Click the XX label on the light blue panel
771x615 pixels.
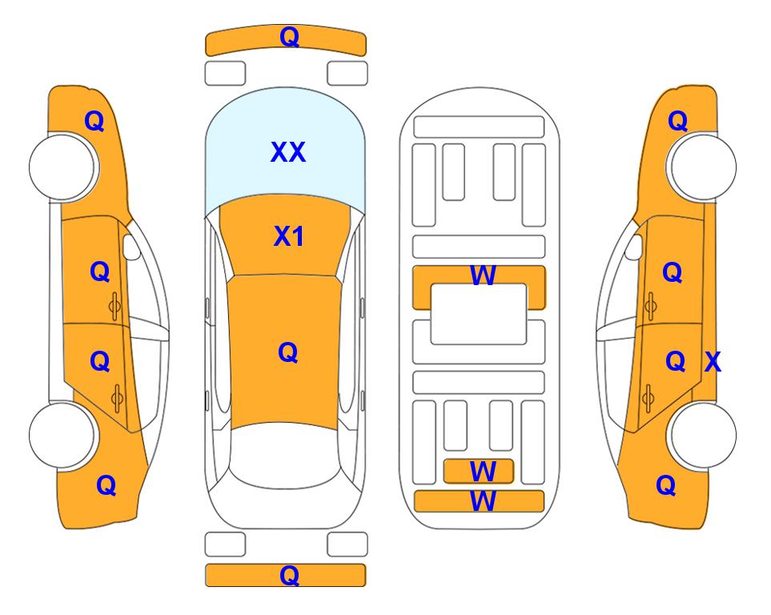click(x=288, y=152)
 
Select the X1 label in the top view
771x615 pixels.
click(x=289, y=236)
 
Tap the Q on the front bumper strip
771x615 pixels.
click(x=289, y=37)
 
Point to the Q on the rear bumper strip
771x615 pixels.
click(x=289, y=575)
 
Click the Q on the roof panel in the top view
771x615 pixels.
click(x=288, y=352)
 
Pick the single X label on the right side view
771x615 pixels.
click(x=713, y=362)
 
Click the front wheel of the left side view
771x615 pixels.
click(x=63, y=167)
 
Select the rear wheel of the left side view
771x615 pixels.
click(x=63, y=435)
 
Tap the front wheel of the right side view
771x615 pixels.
click(x=703, y=167)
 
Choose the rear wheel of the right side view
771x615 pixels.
click(x=703, y=435)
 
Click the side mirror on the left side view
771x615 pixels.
click(x=131, y=247)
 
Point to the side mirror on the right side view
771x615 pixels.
click(x=634, y=247)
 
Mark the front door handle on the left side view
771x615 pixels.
click(x=115, y=307)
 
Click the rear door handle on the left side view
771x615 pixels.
click(x=117, y=399)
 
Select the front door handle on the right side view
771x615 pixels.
click(x=650, y=307)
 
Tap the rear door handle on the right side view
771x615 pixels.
click(x=648, y=399)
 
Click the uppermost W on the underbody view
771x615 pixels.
click(x=483, y=275)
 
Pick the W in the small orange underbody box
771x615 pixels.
click(x=483, y=472)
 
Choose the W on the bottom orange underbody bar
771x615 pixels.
click(x=483, y=501)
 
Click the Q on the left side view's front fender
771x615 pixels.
click(x=94, y=121)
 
